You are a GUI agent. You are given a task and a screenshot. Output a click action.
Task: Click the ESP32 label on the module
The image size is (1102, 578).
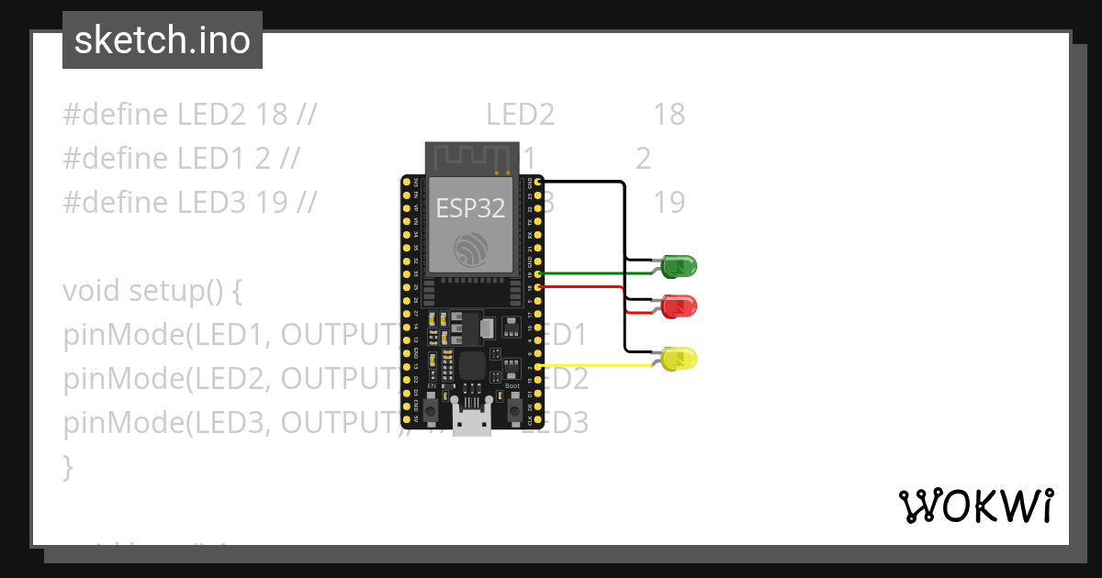[x=470, y=208]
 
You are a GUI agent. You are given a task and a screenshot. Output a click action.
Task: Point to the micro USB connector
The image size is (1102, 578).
[x=471, y=421]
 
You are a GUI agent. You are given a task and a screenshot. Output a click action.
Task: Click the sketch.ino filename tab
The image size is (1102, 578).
[x=163, y=40]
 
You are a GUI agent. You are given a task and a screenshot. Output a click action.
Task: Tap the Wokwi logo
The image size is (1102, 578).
[x=975, y=506]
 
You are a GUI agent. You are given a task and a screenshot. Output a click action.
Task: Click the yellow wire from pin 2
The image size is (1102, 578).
[x=597, y=366]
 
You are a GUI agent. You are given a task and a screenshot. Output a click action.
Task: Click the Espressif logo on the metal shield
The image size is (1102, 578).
[x=470, y=249]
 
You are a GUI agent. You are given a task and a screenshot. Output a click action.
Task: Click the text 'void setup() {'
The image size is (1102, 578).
[x=152, y=291]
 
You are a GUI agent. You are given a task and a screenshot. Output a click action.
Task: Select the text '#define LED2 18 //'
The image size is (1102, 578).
[x=190, y=115]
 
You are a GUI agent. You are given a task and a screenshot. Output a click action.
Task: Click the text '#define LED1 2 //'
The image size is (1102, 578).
[x=181, y=159]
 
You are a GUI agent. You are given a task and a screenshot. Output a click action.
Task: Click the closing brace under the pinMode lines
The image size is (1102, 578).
[x=67, y=467]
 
